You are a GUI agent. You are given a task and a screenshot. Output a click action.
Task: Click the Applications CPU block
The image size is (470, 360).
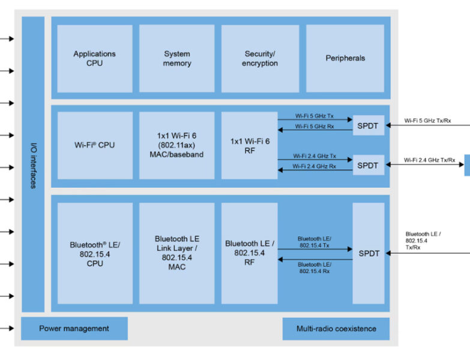(x=94, y=58)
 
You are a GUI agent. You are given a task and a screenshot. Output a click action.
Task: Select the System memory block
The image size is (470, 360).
(x=176, y=58)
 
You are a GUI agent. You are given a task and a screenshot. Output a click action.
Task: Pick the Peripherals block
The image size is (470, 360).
(x=345, y=58)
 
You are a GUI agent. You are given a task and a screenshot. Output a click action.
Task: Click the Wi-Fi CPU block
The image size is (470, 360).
(x=94, y=145)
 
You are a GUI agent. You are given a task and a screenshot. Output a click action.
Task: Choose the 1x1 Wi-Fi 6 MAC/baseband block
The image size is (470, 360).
(x=176, y=145)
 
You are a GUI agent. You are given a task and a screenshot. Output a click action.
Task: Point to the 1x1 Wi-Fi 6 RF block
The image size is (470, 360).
(x=249, y=145)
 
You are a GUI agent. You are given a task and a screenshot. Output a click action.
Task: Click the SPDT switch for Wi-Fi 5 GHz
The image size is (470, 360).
(x=369, y=125)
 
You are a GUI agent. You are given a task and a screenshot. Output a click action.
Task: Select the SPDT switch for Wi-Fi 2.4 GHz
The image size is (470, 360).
(x=369, y=165)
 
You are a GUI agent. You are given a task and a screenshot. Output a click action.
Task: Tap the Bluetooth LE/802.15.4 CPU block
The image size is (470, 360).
(x=94, y=253)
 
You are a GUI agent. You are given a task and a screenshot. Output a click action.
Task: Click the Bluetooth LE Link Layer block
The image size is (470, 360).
(x=176, y=253)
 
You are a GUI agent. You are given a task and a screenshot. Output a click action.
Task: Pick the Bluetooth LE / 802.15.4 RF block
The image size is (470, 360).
(x=249, y=252)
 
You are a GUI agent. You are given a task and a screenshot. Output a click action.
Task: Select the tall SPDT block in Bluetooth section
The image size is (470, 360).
(x=369, y=253)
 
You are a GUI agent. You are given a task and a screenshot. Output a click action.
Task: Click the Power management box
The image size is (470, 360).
(x=74, y=328)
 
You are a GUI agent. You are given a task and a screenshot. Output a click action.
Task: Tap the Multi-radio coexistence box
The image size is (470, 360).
(x=336, y=328)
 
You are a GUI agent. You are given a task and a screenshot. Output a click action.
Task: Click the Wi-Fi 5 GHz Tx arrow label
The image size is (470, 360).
(x=315, y=115)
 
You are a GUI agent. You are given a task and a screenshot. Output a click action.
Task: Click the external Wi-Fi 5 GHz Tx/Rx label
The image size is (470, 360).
(x=427, y=121)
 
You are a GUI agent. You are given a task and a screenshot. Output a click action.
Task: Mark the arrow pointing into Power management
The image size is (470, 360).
(x=7, y=328)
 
